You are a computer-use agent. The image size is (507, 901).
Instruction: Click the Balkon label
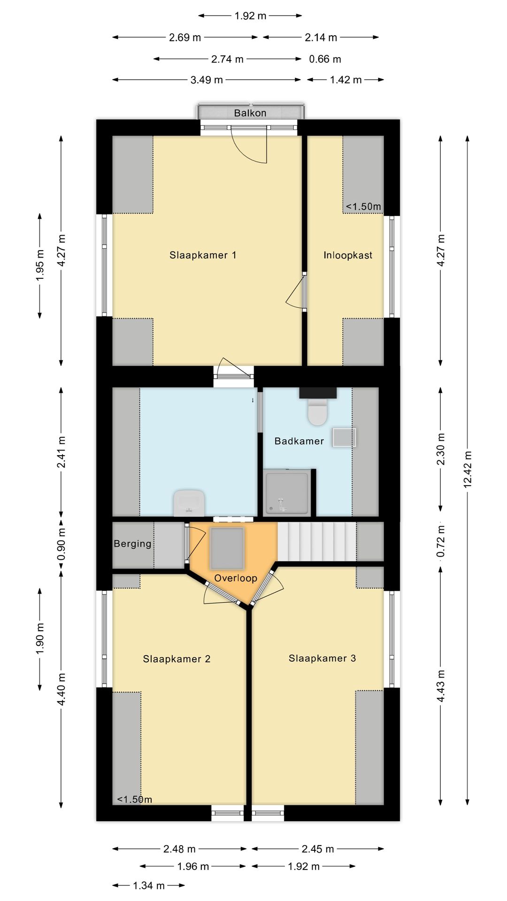(x=250, y=113)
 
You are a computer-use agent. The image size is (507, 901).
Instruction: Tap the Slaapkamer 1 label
(x=203, y=255)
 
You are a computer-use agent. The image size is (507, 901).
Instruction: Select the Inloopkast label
(x=348, y=255)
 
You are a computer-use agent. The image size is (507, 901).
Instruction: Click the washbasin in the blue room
(x=189, y=503)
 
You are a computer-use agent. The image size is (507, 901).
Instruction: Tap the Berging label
(x=132, y=544)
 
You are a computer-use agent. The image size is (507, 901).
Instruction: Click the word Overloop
(x=236, y=578)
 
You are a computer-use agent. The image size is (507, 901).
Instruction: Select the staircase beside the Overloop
(x=316, y=542)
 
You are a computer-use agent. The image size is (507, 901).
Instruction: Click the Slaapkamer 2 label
(x=177, y=659)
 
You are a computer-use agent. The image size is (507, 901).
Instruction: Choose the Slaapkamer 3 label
(x=322, y=658)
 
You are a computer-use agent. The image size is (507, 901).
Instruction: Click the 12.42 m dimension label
(x=468, y=469)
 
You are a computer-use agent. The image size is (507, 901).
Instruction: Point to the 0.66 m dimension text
(x=325, y=59)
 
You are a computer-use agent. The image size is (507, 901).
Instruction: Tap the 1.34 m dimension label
(x=148, y=886)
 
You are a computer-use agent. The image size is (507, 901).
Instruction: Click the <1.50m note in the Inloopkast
(x=363, y=206)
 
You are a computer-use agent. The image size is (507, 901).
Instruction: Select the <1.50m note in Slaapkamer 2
(x=135, y=799)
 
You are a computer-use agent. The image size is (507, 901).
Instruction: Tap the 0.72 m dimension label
(x=440, y=542)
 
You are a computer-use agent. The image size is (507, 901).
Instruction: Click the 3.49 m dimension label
(x=207, y=80)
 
